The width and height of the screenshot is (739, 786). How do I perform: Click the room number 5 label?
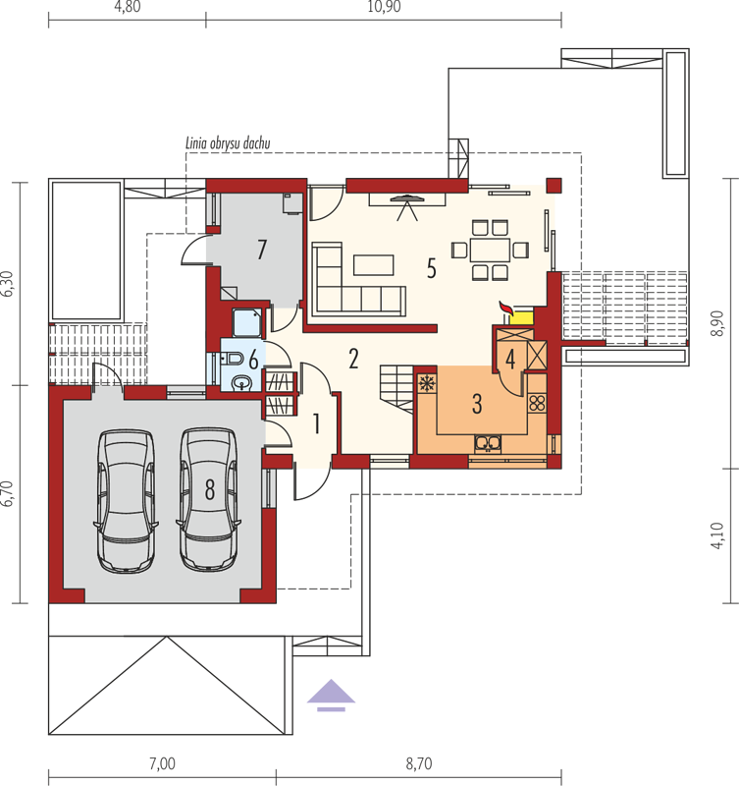coord(431,268)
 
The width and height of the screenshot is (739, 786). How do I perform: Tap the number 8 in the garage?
coord(210,488)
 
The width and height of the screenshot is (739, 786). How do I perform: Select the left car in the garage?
coord(126,501)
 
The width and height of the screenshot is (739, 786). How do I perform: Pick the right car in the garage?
coord(208,499)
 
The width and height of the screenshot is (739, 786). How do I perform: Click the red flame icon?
coord(506,309)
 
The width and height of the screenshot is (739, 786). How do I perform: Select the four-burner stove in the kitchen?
coord(537,403)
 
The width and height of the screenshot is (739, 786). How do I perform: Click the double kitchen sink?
coord(487,443)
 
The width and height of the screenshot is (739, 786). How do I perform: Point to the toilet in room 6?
coord(233,359)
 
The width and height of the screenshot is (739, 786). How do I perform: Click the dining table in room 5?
coord(490,250)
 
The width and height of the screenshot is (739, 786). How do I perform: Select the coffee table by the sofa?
coord(374,265)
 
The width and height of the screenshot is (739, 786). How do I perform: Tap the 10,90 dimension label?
coord(384,8)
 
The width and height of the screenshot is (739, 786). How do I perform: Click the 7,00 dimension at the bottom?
coord(162,764)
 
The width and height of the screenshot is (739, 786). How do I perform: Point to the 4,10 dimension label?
coord(717,535)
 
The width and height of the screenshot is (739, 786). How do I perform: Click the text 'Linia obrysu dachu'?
coord(228,143)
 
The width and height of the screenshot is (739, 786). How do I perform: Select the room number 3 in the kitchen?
coord(477,404)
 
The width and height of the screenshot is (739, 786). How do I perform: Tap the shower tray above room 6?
coord(247,322)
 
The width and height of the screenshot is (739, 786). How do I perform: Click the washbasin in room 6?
coord(243,384)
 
